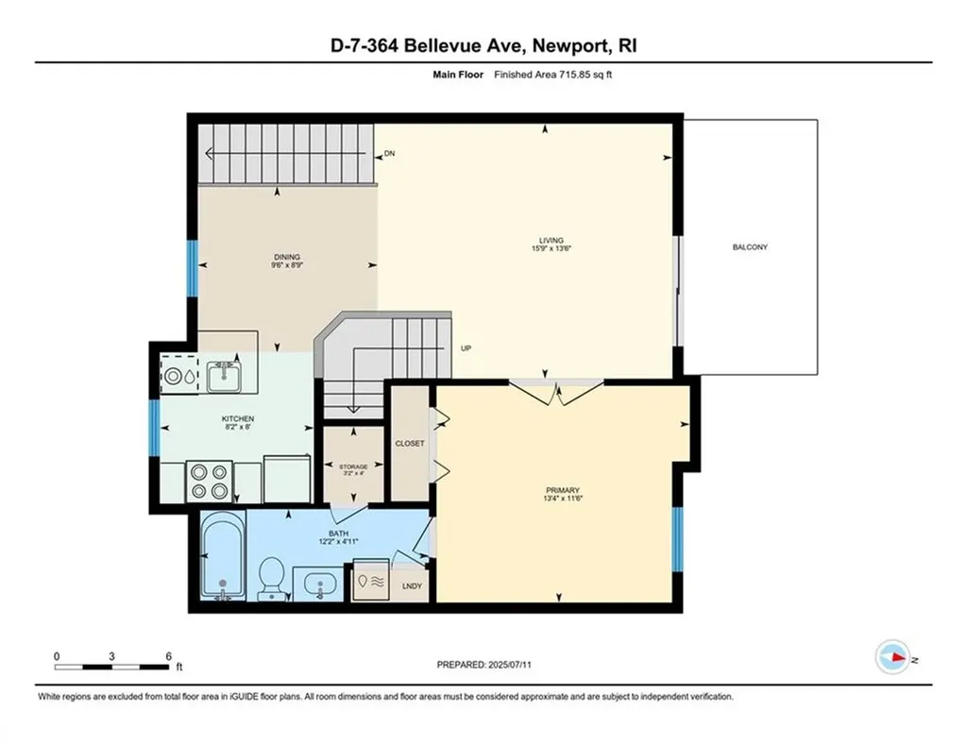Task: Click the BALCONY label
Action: click(x=750, y=247)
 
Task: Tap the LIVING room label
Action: click(x=551, y=241)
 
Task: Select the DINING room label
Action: click(x=287, y=257)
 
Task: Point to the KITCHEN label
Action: click(x=238, y=419)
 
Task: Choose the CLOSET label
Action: click(x=410, y=443)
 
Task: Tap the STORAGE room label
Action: click(x=353, y=466)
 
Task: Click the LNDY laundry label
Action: click(x=412, y=586)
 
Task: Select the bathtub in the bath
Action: click(x=225, y=556)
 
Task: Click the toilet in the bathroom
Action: click(x=272, y=577)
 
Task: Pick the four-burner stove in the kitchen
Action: click(x=209, y=480)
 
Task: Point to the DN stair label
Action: click(x=388, y=154)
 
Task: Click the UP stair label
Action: click(x=466, y=348)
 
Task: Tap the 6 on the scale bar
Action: click(x=168, y=655)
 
